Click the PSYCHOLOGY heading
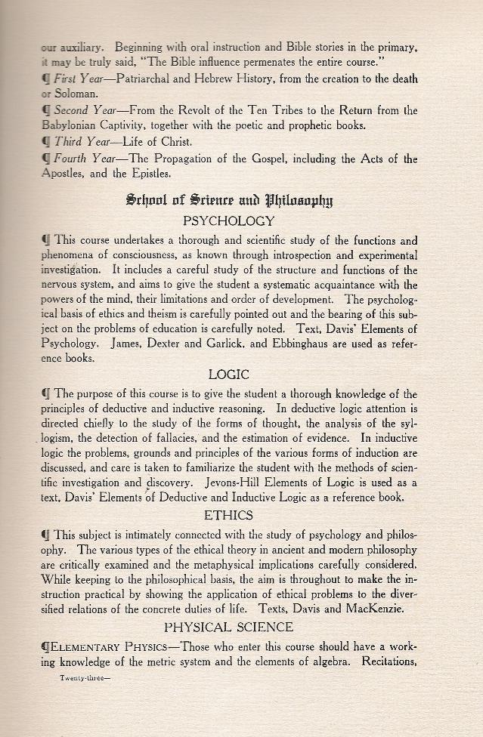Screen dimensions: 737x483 228,221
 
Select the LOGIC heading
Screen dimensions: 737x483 228,375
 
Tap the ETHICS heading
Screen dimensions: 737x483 228,515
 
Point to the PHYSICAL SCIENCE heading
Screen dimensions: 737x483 228,627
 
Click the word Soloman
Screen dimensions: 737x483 75,94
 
